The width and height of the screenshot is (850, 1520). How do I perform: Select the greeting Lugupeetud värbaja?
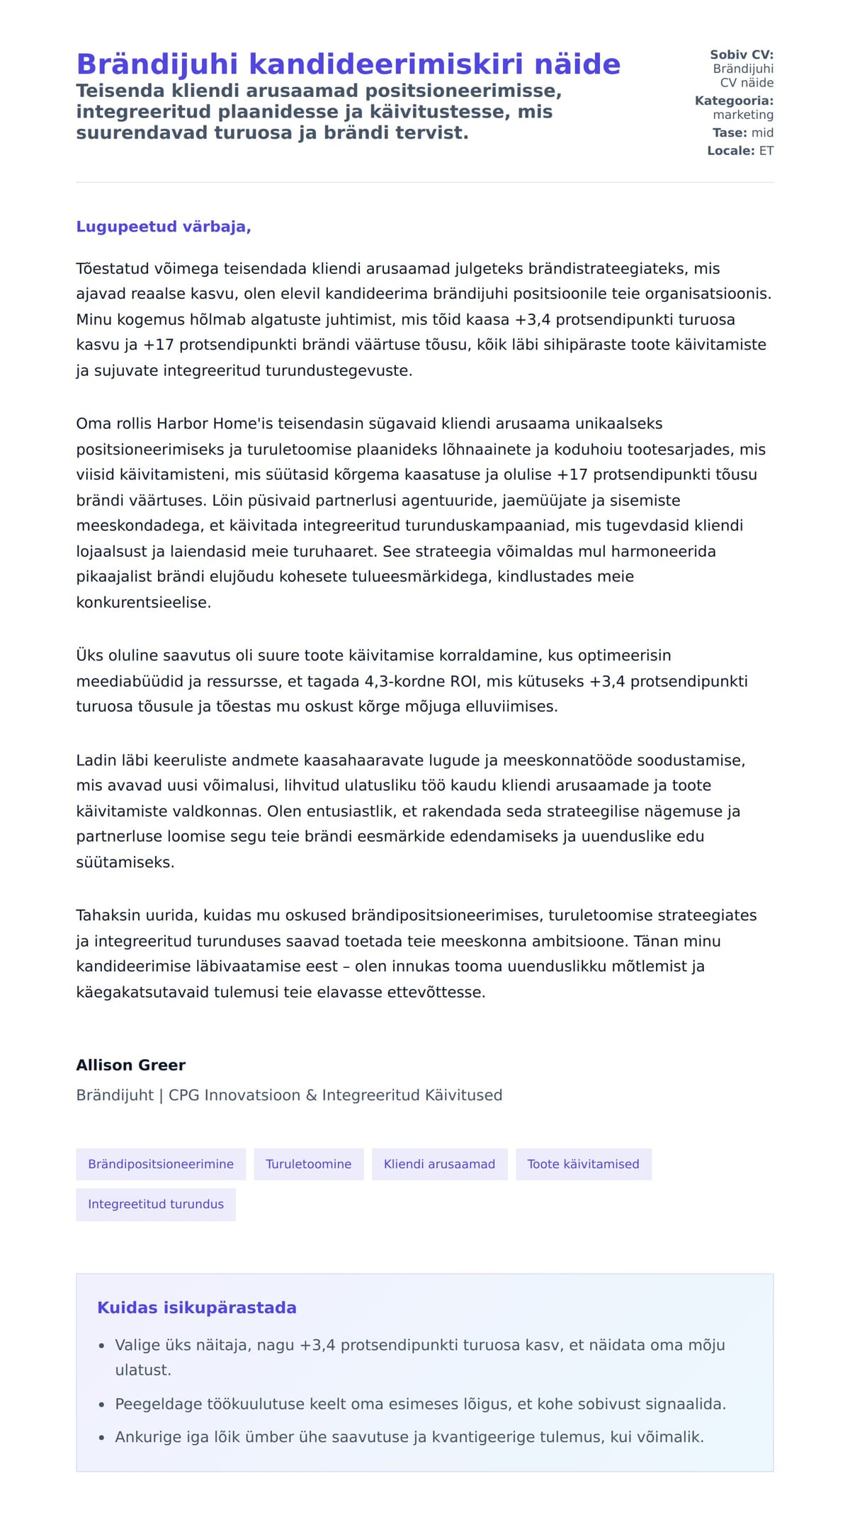(x=163, y=227)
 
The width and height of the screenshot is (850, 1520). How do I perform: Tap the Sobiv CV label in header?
(x=741, y=55)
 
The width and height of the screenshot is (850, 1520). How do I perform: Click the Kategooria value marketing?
(x=742, y=115)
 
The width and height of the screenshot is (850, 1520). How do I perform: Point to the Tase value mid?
(x=762, y=132)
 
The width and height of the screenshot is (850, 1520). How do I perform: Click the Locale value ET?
(x=766, y=151)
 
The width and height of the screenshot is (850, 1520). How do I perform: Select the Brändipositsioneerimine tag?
(x=161, y=1165)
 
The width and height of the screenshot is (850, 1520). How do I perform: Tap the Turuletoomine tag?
(x=308, y=1165)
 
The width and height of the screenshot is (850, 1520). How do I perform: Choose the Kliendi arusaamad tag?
(x=439, y=1165)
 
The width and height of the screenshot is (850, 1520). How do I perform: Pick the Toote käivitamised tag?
(x=583, y=1165)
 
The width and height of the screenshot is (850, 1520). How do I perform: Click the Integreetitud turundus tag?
(x=156, y=1205)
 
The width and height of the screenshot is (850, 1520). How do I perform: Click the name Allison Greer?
(x=130, y=1065)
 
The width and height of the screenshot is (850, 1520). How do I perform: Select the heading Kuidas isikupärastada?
(x=196, y=1308)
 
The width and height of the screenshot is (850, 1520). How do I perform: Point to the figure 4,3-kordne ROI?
(x=415, y=682)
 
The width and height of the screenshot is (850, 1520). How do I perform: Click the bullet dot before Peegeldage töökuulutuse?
(x=102, y=1405)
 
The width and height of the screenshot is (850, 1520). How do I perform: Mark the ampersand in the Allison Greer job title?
(x=311, y=1095)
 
